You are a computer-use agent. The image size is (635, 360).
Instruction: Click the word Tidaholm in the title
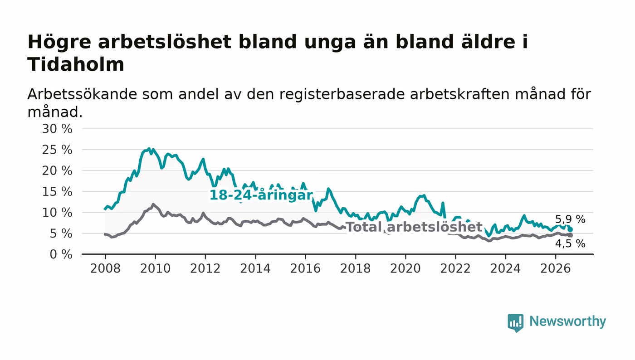click(76, 64)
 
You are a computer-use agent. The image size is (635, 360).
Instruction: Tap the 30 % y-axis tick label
click(57, 129)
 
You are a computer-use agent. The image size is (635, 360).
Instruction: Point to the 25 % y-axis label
click(57, 150)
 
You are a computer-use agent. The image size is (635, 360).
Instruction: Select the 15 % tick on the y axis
click(57, 192)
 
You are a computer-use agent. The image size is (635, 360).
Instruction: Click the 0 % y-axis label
click(61, 254)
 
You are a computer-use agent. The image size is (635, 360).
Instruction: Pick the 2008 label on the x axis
click(105, 268)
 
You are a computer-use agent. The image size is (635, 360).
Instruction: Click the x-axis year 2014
click(255, 268)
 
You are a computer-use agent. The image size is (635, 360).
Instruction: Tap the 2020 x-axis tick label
click(405, 268)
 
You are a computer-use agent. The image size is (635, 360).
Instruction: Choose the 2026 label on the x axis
click(555, 268)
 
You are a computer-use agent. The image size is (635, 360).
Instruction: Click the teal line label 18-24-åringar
click(261, 195)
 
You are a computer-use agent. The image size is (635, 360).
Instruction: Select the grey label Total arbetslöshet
click(414, 227)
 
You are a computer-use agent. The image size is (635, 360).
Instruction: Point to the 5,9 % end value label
click(570, 219)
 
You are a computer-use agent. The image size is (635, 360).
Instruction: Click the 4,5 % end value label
click(570, 243)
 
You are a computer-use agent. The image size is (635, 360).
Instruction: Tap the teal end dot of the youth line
click(571, 229)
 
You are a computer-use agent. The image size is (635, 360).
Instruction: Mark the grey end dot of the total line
click(571, 235)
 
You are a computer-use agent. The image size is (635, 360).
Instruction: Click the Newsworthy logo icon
click(515, 323)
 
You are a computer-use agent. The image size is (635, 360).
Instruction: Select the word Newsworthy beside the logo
click(567, 321)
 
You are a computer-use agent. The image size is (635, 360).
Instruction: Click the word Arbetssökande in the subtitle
click(82, 94)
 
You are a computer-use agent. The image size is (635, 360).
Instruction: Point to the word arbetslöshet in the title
click(165, 42)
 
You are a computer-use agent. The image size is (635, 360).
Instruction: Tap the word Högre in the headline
click(59, 43)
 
